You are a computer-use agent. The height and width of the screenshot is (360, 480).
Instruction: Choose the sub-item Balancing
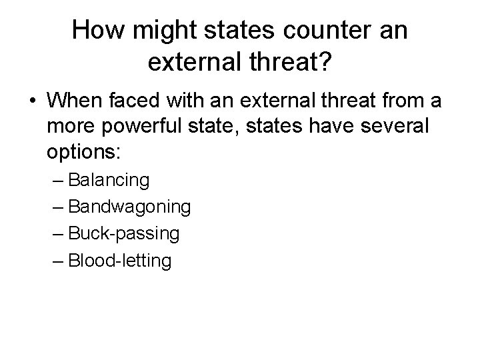109,180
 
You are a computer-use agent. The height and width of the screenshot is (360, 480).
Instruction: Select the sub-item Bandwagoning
129,207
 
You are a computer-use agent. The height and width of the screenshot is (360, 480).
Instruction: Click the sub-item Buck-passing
123,233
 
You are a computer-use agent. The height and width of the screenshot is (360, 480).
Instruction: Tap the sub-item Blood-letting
119,260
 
